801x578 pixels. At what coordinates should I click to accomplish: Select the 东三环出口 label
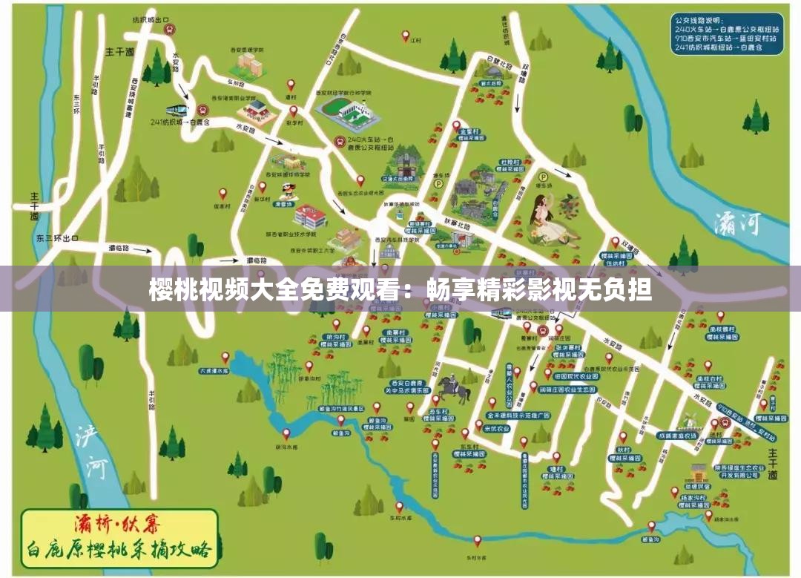click(x=56, y=238)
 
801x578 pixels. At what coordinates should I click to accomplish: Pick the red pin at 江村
click(x=406, y=35)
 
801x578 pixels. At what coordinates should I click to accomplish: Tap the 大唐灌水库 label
click(x=214, y=370)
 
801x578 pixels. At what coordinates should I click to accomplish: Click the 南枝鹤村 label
click(x=722, y=328)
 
